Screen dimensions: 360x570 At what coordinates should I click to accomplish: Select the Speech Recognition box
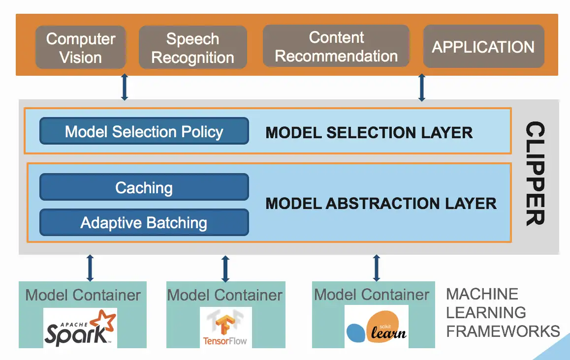tap(192, 47)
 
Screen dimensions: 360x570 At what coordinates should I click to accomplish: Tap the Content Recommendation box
tap(336, 46)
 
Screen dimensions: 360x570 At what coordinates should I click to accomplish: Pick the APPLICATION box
tap(483, 47)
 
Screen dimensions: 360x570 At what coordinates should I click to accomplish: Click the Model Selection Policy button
tap(144, 131)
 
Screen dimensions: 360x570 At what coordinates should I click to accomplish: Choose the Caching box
tap(144, 187)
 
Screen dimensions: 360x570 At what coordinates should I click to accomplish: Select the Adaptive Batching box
tap(144, 223)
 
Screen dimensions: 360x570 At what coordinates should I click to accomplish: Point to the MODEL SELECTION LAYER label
tap(369, 132)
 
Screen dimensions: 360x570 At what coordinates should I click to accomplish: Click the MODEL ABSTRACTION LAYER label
tap(381, 203)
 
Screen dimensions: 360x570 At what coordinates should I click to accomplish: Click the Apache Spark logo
tap(80, 327)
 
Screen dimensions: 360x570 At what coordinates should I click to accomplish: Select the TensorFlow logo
tap(225, 327)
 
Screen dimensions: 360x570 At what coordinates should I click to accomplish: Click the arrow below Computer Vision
tap(125, 88)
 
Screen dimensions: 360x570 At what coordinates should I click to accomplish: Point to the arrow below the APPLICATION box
tap(421, 88)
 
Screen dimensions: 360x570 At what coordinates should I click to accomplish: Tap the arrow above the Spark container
tap(90, 268)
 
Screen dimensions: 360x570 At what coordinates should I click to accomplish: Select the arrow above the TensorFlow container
tap(225, 268)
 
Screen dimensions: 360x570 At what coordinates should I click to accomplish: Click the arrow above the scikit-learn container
tap(377, 268)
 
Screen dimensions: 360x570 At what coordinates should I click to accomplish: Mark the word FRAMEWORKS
tap(503, 331)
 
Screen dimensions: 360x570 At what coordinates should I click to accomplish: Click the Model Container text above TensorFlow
tap(225, 295)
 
